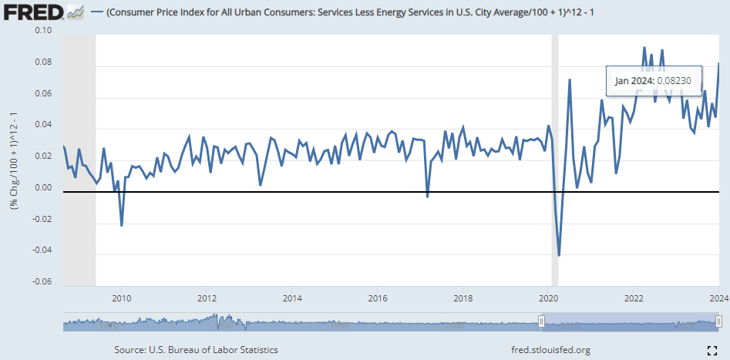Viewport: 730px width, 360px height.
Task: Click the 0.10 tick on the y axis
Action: point(42,30)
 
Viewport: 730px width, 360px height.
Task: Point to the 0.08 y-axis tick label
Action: point(42,62)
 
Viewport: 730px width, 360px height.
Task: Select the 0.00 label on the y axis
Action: point(42,188)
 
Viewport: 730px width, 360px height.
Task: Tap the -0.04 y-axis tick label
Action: point(41,251)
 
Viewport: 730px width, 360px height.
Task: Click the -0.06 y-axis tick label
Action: point(41,282)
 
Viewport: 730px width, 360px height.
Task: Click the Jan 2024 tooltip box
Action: point(653,80)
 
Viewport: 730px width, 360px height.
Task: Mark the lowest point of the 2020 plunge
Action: point(559,255)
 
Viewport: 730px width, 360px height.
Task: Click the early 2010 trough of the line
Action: point(122,225)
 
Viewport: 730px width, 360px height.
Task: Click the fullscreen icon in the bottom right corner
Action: point(712,350)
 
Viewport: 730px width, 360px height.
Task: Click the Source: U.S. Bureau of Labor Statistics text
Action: point(196,350)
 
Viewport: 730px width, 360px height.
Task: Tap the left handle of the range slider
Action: point(541,321)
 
